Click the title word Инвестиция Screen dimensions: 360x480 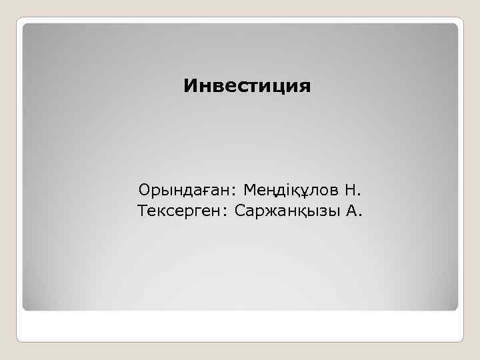[247, 86]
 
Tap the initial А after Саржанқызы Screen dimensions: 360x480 [353, 211]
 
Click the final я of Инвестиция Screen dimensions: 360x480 [305, 87]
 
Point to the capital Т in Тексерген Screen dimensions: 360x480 [142, 211]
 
